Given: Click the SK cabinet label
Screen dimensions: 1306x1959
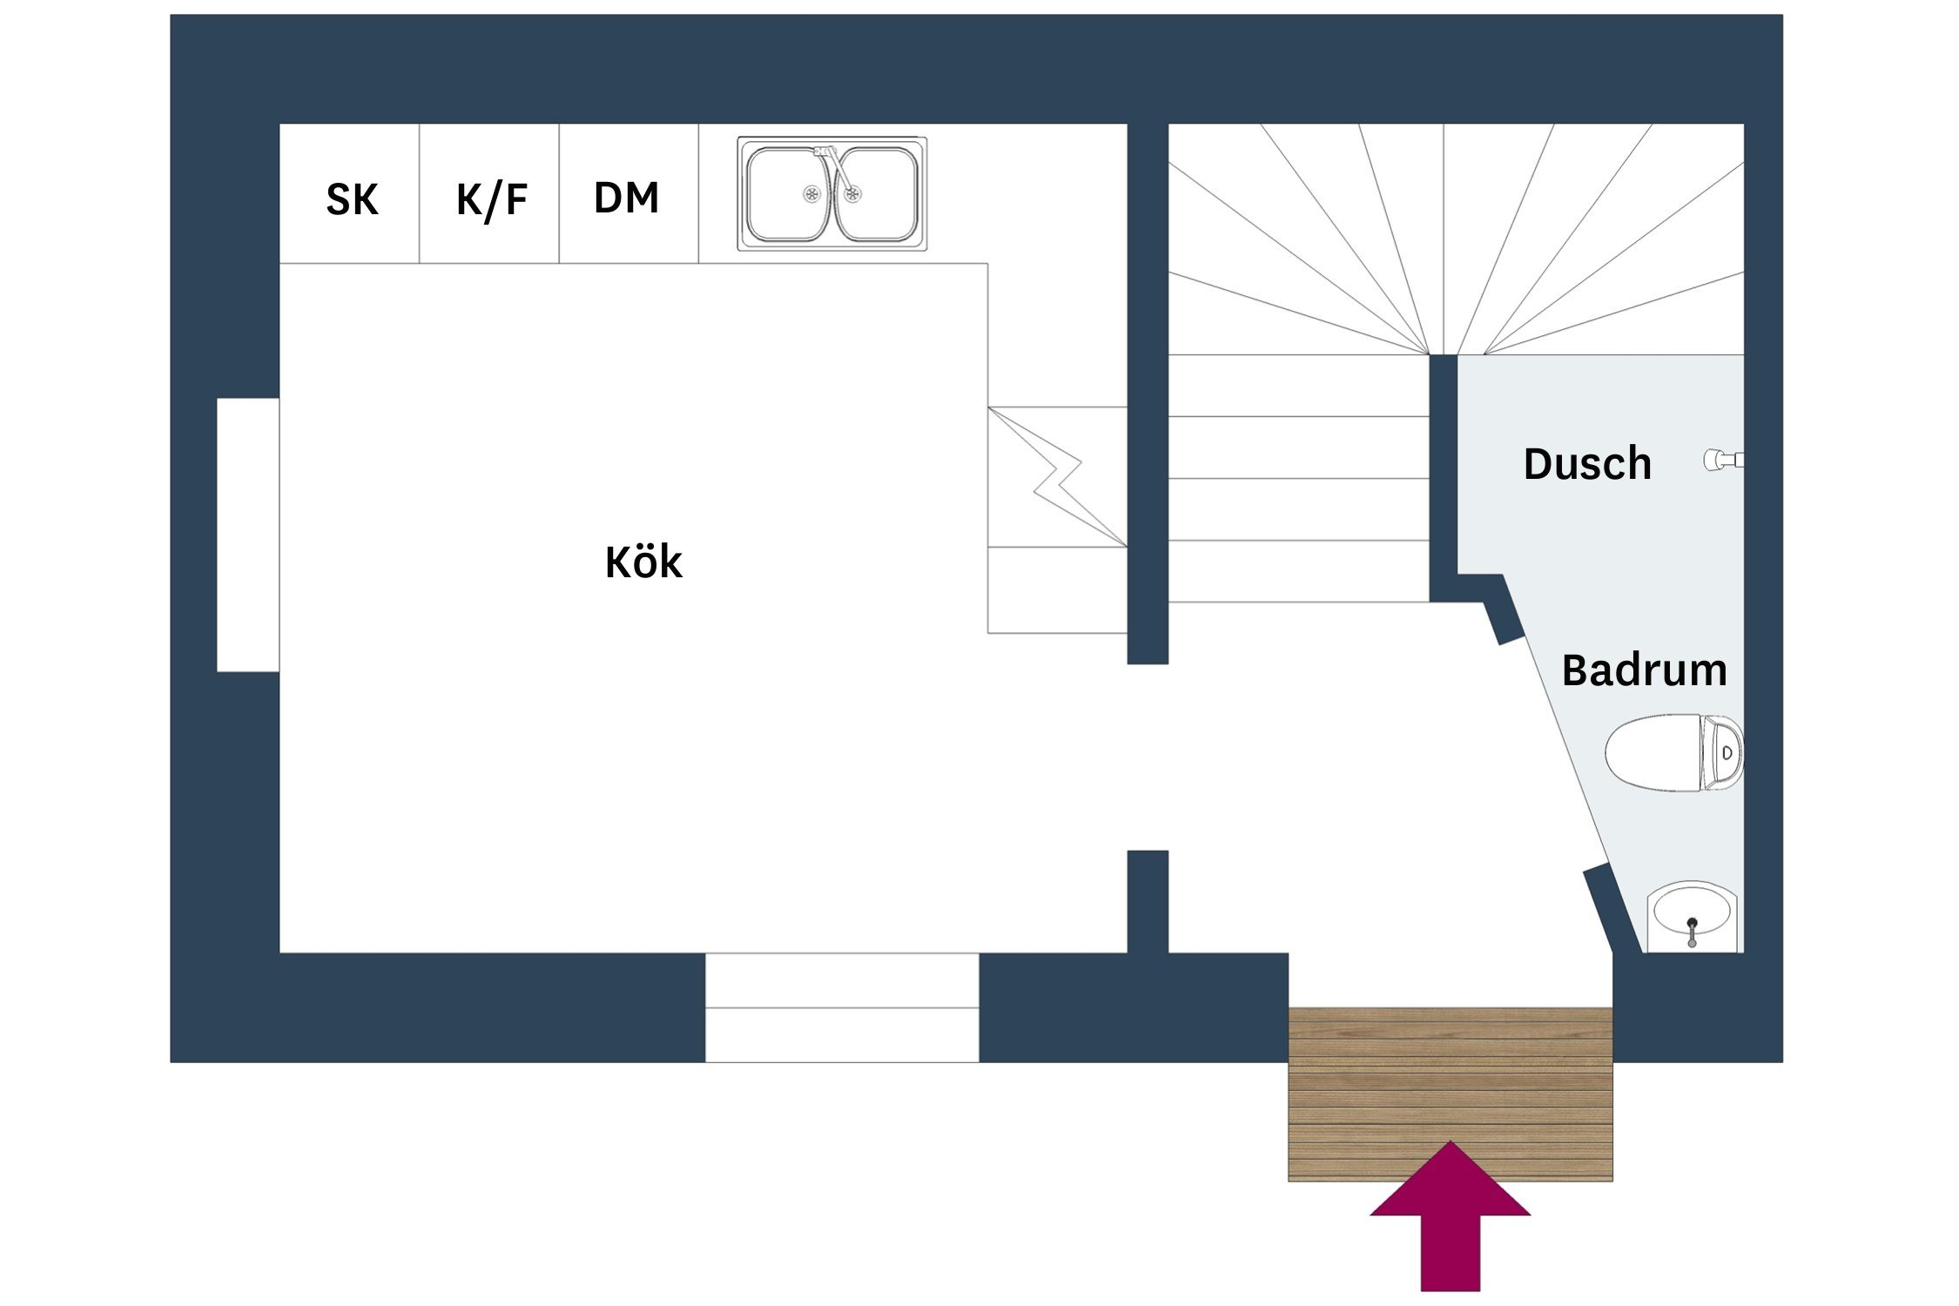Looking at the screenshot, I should (x=352, y=199).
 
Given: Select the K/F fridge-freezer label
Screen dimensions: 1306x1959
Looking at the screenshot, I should (x=492, y=199).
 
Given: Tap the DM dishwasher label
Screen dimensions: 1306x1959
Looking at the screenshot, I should (x=626, y=198).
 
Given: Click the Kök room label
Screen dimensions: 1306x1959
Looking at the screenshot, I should (x=643, y=562).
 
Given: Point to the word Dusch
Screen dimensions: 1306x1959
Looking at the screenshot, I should (x=1587, y=464).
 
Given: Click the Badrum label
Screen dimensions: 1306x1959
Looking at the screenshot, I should (x=1644, y=670).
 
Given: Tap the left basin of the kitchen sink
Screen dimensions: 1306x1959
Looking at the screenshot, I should (x=786, y=193).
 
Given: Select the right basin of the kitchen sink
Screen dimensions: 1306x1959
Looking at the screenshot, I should (x=878, y=193).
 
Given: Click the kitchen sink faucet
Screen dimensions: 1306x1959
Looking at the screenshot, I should (x=834, y=165).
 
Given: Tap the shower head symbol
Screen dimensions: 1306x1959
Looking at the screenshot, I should (x=1722, y=460).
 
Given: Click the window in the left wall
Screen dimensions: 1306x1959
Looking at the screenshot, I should (x=248, y=535).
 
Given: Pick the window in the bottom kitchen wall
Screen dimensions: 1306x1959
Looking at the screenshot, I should (x=841, y=1007).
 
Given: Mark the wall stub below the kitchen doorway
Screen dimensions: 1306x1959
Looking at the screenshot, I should (x=1148, y=901).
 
